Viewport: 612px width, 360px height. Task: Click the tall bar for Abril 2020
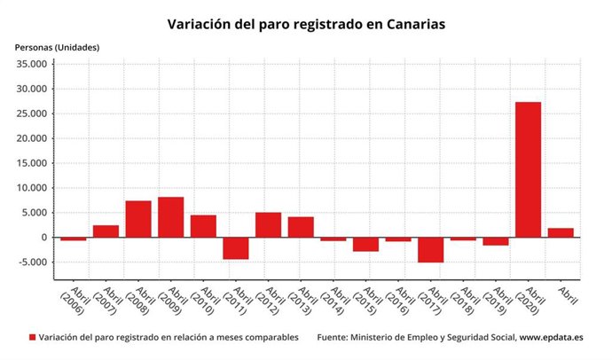(528, 169)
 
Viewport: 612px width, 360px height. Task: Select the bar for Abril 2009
(170, 217)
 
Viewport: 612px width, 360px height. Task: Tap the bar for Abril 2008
(137, 219)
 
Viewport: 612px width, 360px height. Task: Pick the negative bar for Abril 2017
(430, 250)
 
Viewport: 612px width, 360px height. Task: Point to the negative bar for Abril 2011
(235, 248)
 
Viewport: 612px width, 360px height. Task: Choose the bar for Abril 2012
(268, 225)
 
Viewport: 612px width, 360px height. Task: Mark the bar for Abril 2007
(106, 231)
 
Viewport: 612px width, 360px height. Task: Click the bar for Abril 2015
(365, 245)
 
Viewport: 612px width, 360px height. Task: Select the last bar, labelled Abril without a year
(561, 233)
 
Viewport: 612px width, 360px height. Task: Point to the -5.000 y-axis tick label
(34, 262)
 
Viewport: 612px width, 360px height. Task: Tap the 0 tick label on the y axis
(45, 238)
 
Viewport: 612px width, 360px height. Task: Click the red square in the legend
(33, 338)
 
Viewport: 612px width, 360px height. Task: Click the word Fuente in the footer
(333, 338)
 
